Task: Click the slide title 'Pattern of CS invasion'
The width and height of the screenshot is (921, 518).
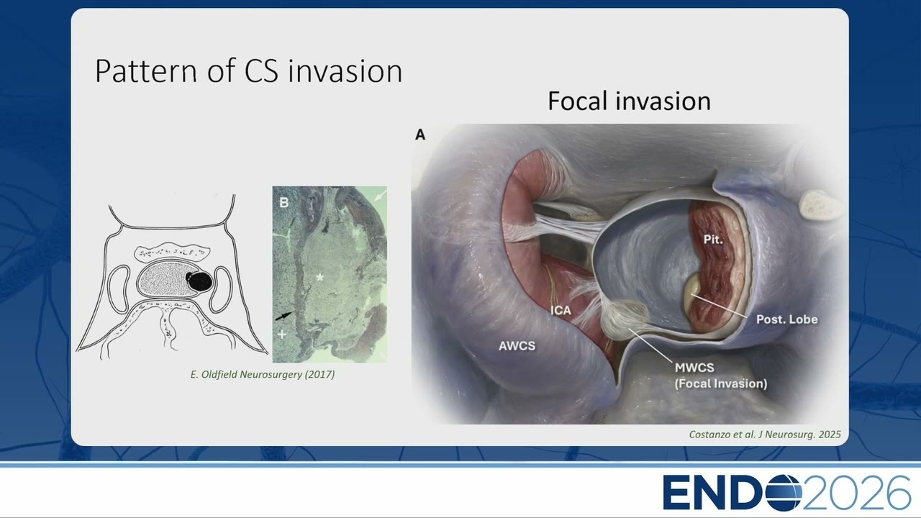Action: pos(248,71)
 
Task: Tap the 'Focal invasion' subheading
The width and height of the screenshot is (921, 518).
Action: pos(629,101)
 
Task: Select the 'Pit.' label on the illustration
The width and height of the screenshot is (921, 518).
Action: pos(712,240)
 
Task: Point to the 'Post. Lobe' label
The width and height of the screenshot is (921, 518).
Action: pos(787,319)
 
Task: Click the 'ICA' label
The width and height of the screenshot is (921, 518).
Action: pos(561,310)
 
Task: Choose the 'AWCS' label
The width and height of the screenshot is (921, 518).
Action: pos(517,346)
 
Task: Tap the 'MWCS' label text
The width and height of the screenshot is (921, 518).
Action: pos(694,368)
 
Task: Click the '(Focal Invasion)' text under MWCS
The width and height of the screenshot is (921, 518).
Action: pos(721,383)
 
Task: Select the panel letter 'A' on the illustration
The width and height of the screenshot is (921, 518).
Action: pos(419,135)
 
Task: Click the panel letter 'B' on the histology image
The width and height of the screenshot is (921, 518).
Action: pos(283,202)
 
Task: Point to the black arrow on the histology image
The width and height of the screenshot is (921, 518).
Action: pos(283,316)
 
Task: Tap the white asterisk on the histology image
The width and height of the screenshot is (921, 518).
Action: pos(320,278)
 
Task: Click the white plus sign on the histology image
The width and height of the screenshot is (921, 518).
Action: pos(282,335)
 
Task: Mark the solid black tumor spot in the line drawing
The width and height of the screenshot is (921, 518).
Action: pos(199,281)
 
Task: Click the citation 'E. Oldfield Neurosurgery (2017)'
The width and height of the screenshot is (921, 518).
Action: pos(263,375)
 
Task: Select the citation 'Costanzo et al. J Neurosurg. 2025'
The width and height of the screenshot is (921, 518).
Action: pos(765,435)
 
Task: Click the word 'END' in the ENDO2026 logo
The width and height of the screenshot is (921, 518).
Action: pos(713,493)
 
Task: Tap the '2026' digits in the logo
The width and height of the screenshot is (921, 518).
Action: pos(856,493)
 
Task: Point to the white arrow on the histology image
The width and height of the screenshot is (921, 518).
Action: pos(381,194)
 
